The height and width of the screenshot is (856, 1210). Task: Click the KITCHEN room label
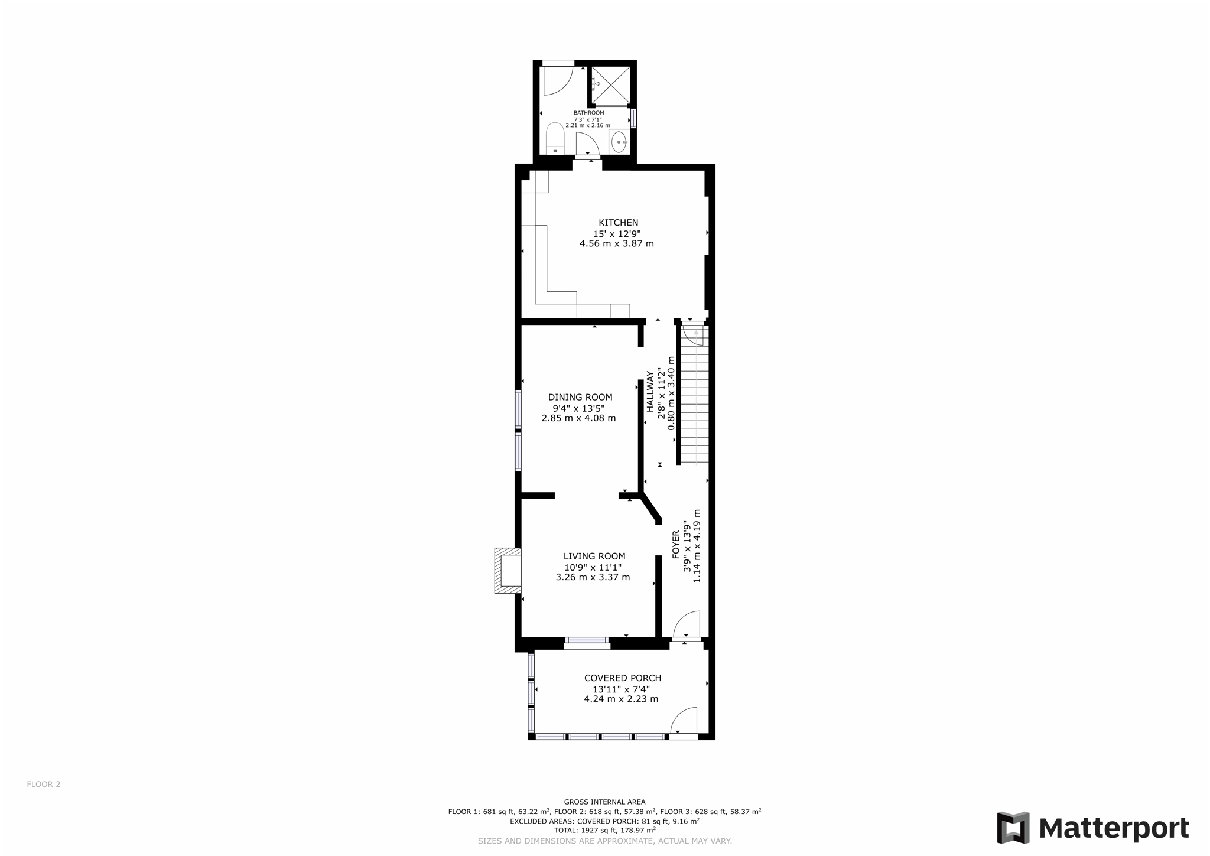[x=618, y=223]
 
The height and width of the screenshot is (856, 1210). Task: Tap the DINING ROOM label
[x=580, y=397]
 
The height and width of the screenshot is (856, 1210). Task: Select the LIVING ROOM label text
[x=594, y=556]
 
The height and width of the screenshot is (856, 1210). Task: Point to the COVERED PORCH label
[x=622, y=678]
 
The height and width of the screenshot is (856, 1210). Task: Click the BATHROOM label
[x=588, y=113]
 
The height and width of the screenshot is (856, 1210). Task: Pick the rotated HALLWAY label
[x=650, y=391]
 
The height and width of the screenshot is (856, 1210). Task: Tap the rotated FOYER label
[x=676, y=544]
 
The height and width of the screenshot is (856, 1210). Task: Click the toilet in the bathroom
[x=555, y=138]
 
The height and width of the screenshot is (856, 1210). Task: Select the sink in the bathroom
[x=619, y=142]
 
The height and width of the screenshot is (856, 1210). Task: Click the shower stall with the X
[x=611, y=85]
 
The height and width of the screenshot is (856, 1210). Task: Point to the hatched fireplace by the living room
[x=508, y=571]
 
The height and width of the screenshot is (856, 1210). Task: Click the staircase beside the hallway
[x=695, y=402]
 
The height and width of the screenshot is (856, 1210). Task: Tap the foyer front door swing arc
[x=687, y=625]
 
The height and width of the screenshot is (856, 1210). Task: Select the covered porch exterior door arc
[x=684, y=721]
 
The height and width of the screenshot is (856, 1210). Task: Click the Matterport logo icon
[x=1013, y=828]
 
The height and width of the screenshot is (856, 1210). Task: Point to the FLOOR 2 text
[x=44, y=785]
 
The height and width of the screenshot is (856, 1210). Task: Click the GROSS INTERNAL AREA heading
[x=604, y=802]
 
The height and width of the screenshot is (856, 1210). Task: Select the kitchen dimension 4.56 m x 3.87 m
[x=616, y=243]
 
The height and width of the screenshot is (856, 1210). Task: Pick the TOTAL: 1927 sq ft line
[x=604, y=830]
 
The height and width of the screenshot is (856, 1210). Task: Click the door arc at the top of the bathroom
[x=557, y=81]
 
